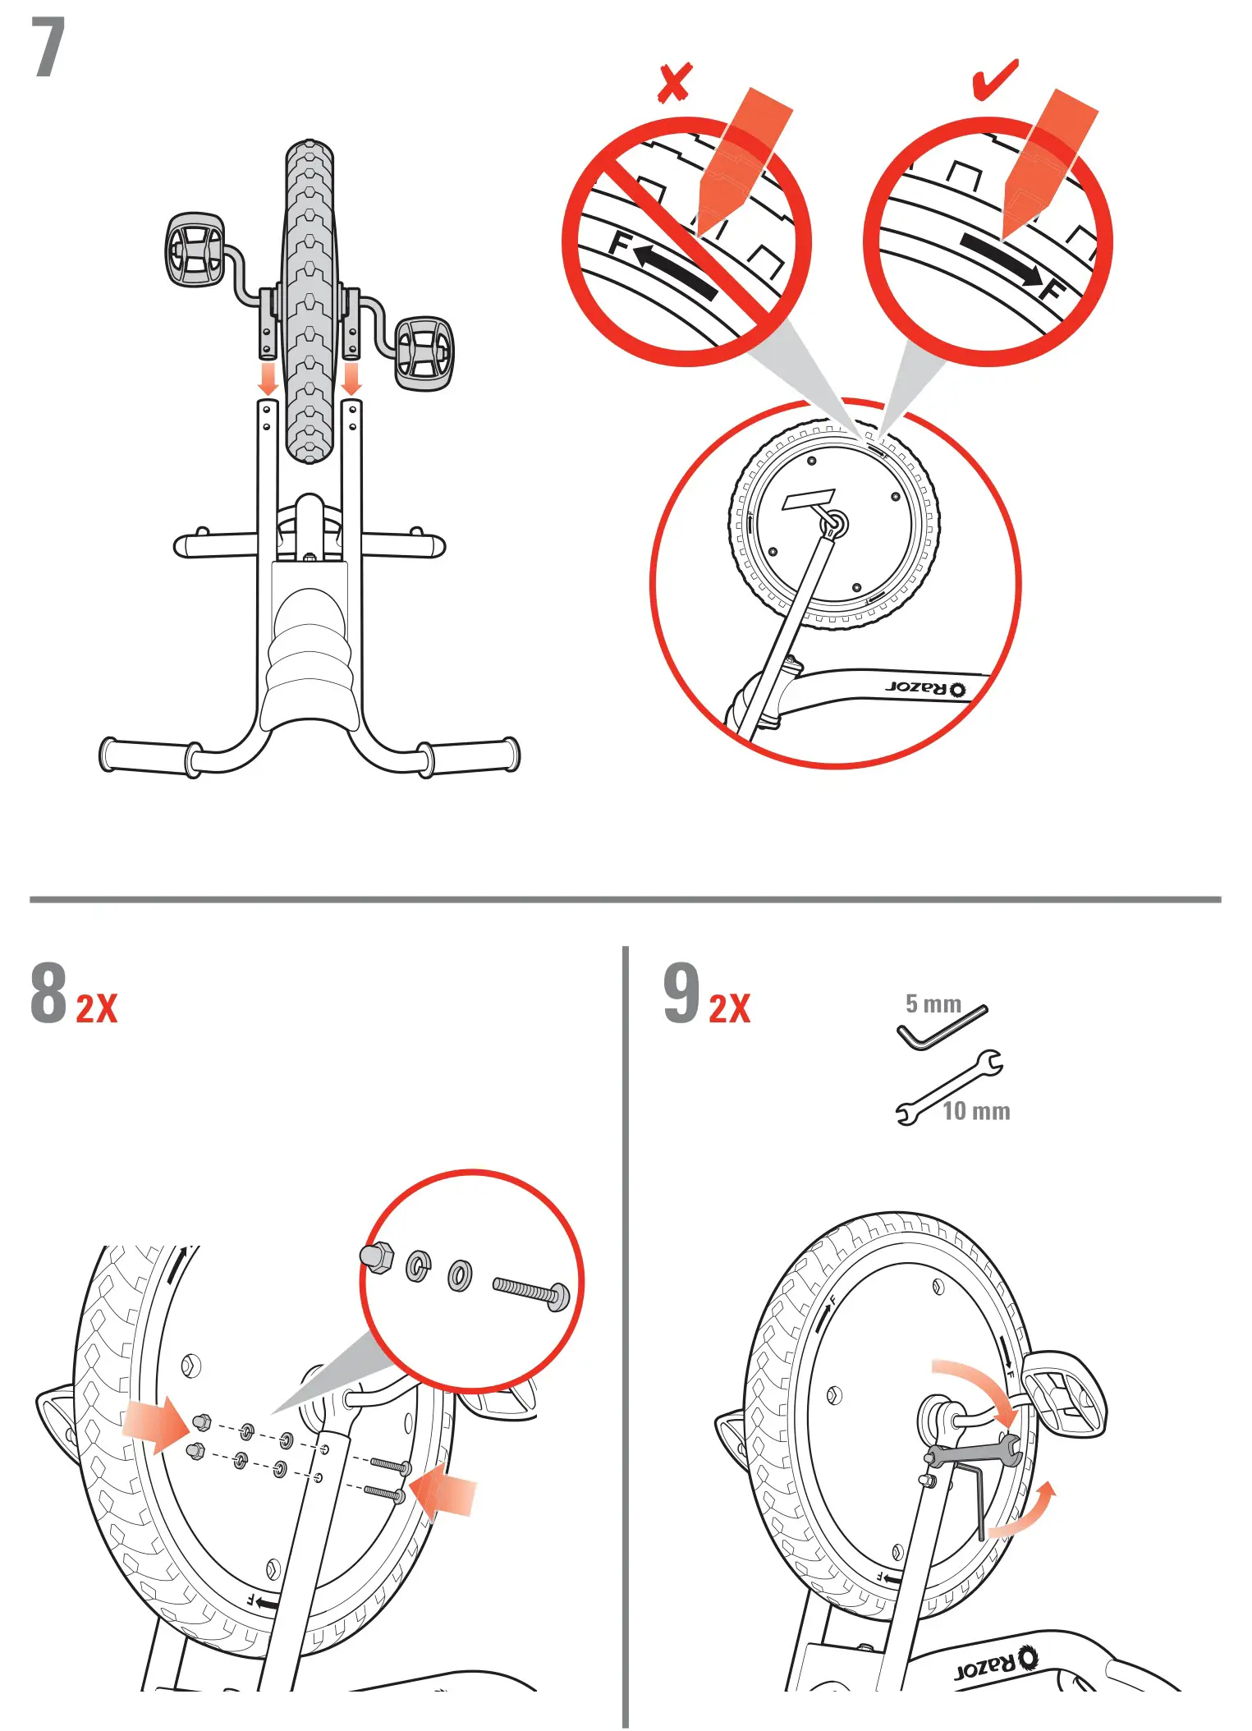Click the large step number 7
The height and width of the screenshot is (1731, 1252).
pyautogui.click(x=48, y=49)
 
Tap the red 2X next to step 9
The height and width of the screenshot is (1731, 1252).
pyautogui.click(x=729, y=1009)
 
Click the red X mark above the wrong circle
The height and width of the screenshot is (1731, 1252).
pyautogui.click(x=674, y=82)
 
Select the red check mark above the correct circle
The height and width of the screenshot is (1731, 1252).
pyautogui.click(x=994, y=80)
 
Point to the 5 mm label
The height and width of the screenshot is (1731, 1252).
pyautogui.click(x=933, y=1003)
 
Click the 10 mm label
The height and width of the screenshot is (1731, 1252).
pyautogui.click(x=975, y=1111)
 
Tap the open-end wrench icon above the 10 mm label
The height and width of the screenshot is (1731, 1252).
pyautogui.click(x=949, y=1086)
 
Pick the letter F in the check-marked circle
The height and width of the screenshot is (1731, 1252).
pyautogui.click(x=1053, y=290)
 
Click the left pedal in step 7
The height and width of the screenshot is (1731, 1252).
pyautogui.click(x=195, y=250)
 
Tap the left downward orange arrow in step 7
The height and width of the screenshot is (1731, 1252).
pyautogui.click(x=268, y=379)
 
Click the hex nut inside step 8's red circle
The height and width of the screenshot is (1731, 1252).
pyautogui.click(x=377, y=1257)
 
